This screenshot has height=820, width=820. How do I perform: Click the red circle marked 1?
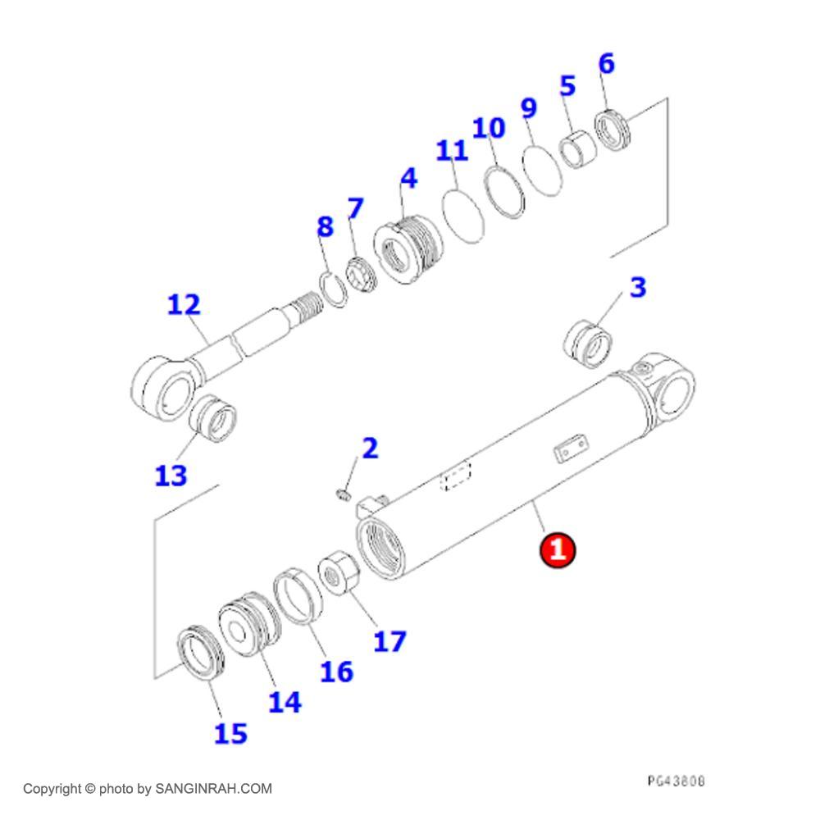point(558,549)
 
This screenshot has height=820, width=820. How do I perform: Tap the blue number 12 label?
point(184,304)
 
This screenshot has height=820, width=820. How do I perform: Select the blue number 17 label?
point(389,642)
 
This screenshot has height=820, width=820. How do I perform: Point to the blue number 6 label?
point(607,63)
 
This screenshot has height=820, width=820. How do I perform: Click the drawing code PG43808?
point(676,781)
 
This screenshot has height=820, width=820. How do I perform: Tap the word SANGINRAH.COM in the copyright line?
point(213,789)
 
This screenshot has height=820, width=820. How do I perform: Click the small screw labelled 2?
point(343,494)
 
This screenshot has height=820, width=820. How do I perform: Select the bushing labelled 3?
point(588,344)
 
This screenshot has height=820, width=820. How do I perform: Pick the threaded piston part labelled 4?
point(408,249)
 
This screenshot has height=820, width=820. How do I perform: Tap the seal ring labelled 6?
point(613,130)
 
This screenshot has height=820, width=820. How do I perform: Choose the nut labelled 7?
point(361,276)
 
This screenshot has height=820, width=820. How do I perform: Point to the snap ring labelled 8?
point(333,290)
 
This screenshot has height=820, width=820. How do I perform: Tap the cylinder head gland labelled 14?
point(249,624)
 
